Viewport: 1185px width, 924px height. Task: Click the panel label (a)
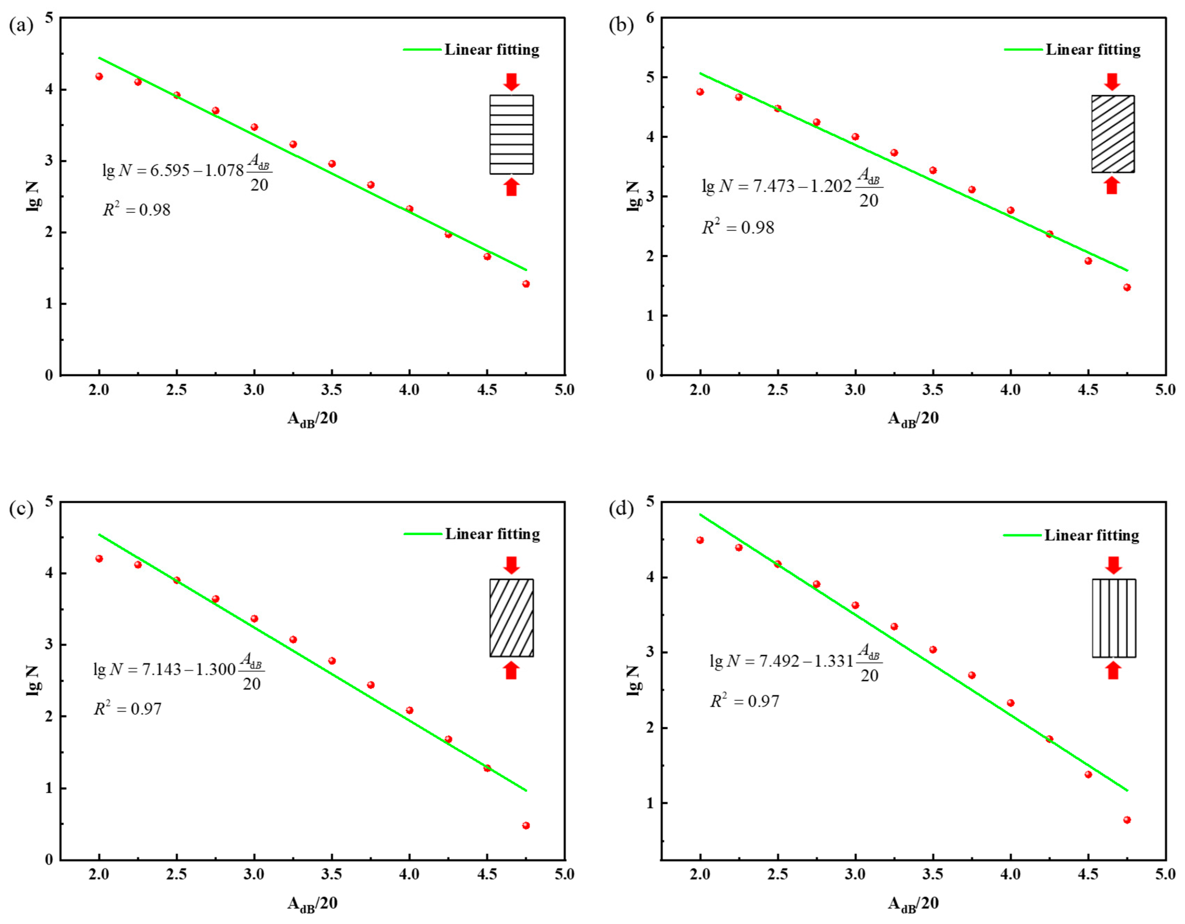coord(21,26)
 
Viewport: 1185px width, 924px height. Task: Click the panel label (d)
coord(621,509)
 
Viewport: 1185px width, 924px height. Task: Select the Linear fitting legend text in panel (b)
coord(1093,50)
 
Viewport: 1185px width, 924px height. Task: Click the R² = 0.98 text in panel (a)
coord(137,210)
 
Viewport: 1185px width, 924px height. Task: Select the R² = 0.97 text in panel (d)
coord(745,701)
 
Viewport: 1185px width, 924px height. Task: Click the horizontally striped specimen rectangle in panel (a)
coord(511,134)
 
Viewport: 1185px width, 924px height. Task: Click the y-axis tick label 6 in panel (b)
coord(650,18)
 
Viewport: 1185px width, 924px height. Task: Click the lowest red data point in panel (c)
coord(526,826)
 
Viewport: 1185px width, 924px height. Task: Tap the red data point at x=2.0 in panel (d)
coord(700,540)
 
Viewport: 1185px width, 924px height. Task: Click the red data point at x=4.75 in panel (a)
coord(526,284)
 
